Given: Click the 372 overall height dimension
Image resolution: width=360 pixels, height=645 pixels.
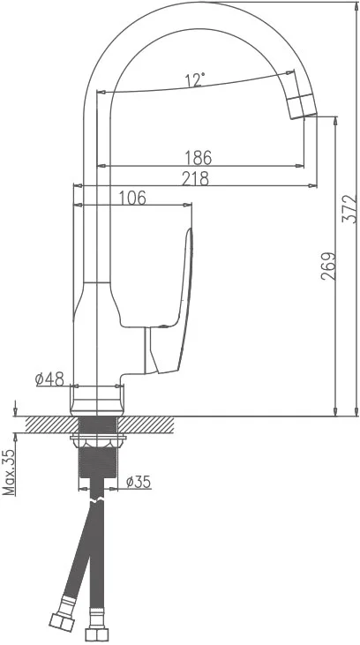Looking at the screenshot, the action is click(349, 209).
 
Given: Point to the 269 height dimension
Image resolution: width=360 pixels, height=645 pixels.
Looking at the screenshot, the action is click(329, 266).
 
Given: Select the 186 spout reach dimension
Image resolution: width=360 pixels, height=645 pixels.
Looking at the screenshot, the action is click(198, 158).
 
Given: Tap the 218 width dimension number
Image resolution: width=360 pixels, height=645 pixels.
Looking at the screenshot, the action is click(195, 178).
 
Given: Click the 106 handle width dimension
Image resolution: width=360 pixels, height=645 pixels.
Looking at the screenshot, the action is click(132, 198).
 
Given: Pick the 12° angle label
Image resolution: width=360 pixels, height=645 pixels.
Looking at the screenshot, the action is click(195, 79).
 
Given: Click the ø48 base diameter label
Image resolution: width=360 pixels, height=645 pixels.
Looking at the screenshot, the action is click(49, 379).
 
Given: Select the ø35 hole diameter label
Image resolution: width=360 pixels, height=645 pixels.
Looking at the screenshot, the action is click(139, 482).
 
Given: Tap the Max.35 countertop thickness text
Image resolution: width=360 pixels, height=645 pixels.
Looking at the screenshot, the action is click(9, 472).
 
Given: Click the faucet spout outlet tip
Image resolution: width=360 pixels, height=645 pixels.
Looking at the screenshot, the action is click(304, 116).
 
